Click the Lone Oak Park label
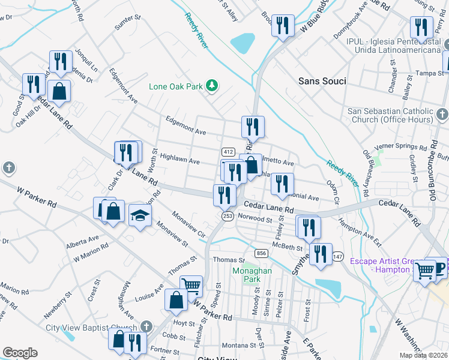(176, 86)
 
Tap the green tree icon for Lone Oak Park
(211, 86)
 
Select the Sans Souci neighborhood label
(322, 81)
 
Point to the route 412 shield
(228, 151)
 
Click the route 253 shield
(228, 216)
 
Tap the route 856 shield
(261, 253)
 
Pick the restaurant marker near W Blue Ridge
(282, 26)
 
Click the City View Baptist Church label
(92, 328)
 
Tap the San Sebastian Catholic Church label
(390, 116)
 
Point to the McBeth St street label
(287, 247)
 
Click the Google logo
(20, 353)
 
